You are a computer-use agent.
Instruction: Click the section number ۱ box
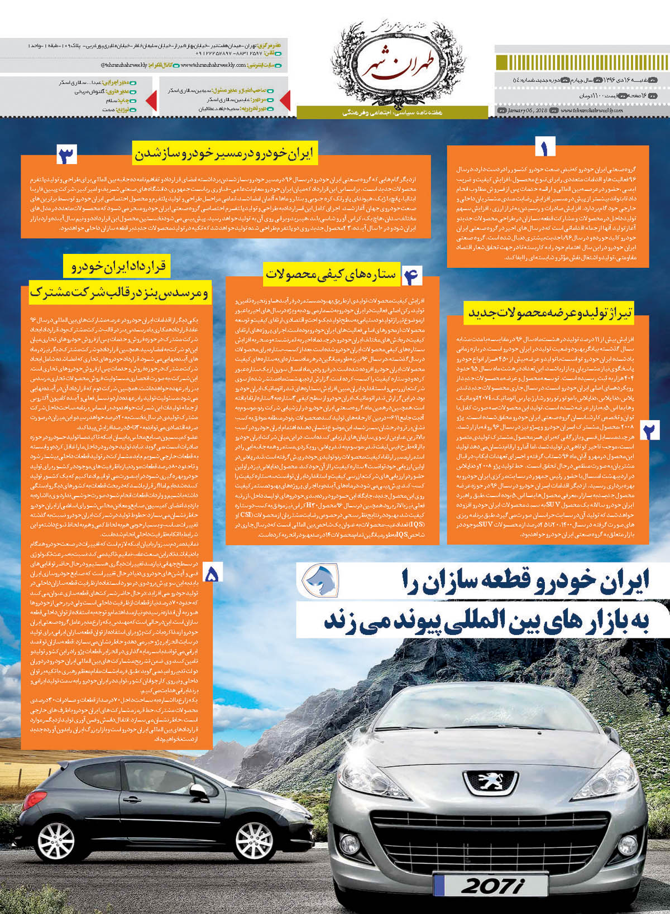pos(545,147)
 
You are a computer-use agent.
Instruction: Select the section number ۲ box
pos(650,430)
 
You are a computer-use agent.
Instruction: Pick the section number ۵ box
pos(212,574)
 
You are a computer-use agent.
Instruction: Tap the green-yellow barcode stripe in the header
pos(581,62)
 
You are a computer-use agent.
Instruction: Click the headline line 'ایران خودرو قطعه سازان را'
pos(525,581)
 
